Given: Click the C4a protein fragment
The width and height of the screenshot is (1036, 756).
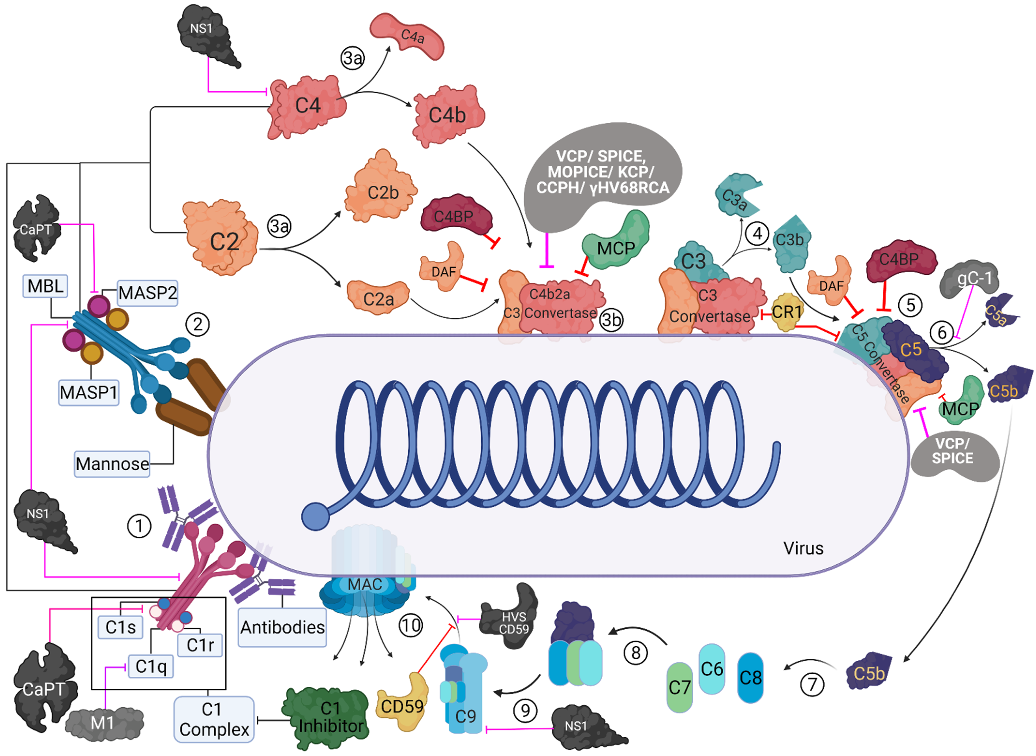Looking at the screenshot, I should (407, 37).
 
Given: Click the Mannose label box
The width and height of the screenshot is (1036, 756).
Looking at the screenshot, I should (112, 464).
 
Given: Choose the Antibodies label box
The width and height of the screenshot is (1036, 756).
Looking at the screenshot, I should (282, 627).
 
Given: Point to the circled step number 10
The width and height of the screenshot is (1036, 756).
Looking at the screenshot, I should (411, 625).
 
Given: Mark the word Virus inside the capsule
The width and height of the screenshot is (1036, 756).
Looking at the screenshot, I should (803, 548).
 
